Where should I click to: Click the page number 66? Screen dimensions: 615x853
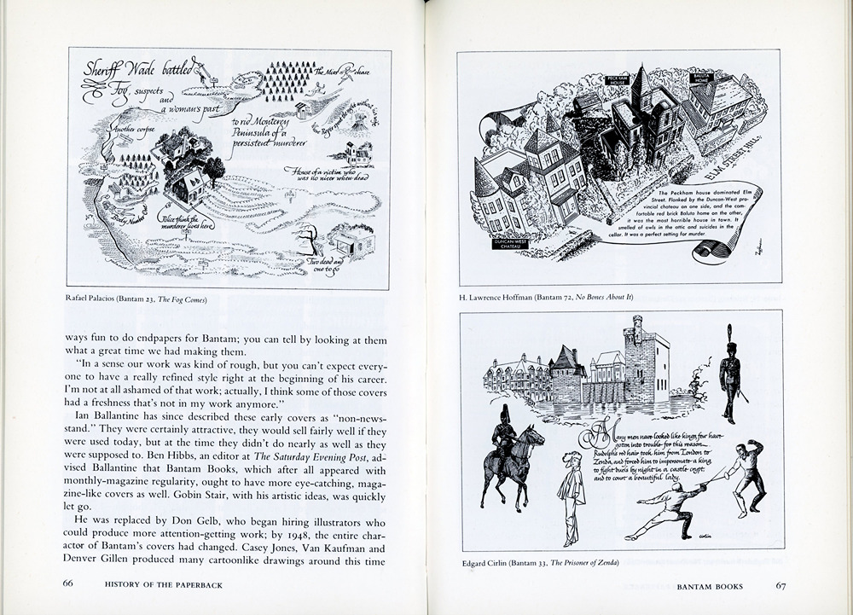[x=69, y=584]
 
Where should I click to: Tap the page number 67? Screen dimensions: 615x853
[x=780, y=586]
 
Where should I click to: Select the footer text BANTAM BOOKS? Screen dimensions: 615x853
[x=710, y=587]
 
